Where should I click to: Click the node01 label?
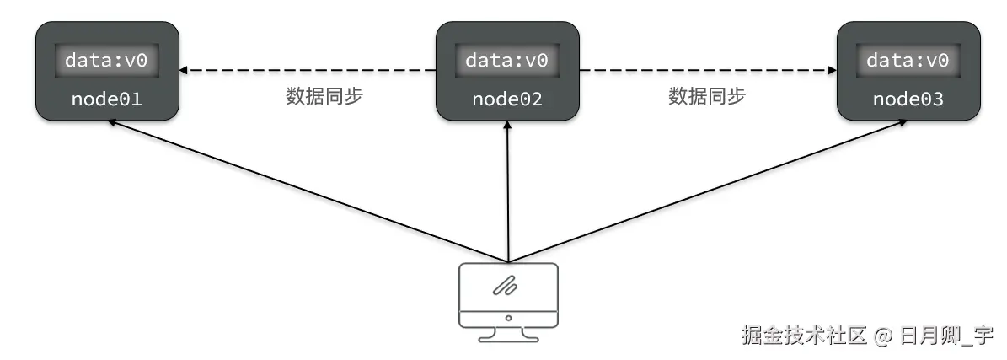[106, 99]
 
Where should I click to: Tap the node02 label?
[507, 99]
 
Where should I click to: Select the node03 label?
[908, 99]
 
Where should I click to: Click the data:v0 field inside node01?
[106, 61]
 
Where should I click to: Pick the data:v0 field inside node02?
[507, 61]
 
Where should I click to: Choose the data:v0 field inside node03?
[908, 61]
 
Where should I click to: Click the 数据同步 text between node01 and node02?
[324, 96]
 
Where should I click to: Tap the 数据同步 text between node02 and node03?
[707, 96]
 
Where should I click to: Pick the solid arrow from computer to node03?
[708, 191]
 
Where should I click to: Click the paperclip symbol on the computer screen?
[506, 287]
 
